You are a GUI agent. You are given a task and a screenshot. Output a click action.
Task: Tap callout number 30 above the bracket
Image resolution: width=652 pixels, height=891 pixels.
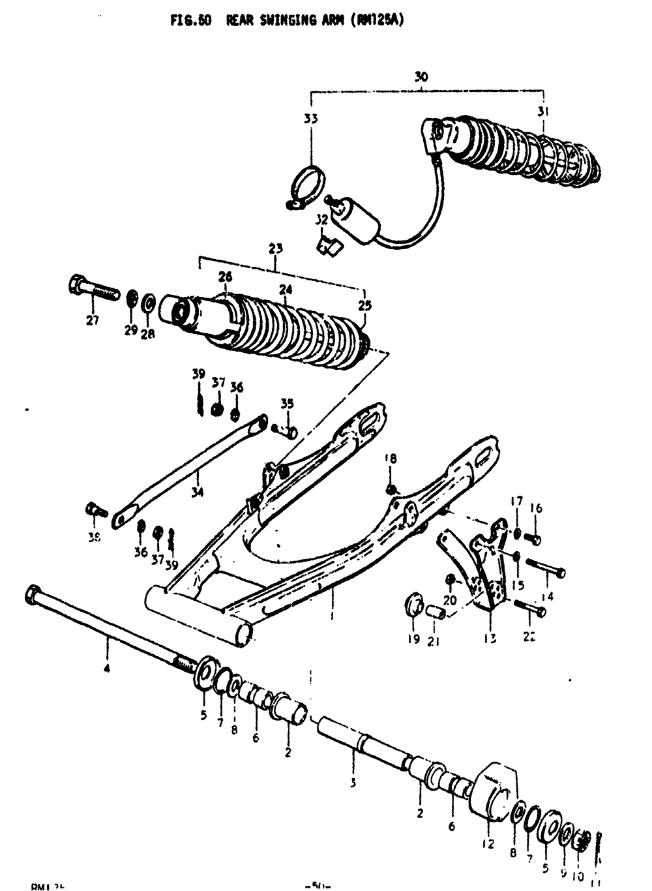[421, 77]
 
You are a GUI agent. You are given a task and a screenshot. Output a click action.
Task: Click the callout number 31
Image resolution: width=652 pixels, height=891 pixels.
[542, 112]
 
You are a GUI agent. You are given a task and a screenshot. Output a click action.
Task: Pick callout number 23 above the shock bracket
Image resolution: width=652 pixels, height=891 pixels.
[276, 249]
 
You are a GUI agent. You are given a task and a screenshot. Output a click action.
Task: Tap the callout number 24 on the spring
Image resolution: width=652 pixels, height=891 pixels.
[286, 290]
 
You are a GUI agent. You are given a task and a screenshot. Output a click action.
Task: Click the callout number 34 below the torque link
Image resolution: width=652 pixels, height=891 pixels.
[197, 492]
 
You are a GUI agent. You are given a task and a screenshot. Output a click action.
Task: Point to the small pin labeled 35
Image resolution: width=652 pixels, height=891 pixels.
[285, 430]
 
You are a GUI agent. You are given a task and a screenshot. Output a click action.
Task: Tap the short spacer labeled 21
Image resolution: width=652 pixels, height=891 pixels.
[436, 613]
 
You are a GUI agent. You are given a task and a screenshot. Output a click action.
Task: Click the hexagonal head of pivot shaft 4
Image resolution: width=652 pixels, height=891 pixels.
[33, 594]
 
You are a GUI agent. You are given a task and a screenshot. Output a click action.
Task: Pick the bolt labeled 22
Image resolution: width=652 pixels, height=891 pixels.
[530, 608]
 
